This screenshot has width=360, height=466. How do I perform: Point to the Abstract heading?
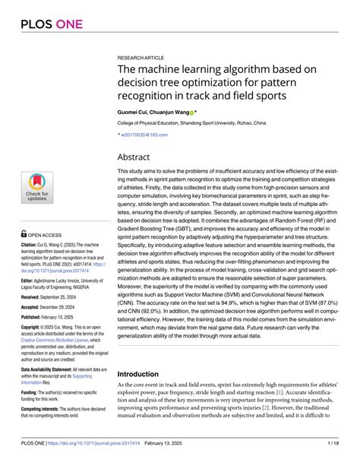138,157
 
